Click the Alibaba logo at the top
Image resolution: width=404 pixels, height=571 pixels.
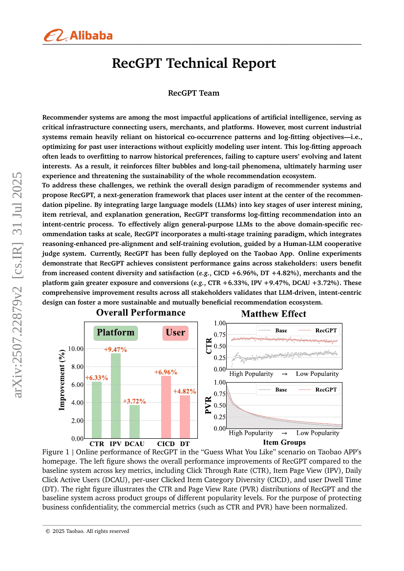click(78, 35)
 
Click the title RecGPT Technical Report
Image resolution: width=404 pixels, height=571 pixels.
click(194, 63)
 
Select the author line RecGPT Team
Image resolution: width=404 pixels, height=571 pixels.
click(194, 93)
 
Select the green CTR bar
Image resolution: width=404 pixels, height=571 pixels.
click(97, 409)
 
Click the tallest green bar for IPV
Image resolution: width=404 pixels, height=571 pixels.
click(116, 395)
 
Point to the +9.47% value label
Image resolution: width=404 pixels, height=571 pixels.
click(115, 349)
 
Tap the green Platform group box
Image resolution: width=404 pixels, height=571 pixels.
click(116, 333)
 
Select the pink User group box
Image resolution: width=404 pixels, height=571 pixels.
click(175, 333)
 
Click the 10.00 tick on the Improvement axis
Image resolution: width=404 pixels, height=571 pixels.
click(76, 349)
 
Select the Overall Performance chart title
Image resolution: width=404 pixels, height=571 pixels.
click(141, 313)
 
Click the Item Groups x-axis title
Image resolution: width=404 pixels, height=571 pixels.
click(284, 442)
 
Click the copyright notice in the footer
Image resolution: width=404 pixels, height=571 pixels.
click(87, 531)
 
